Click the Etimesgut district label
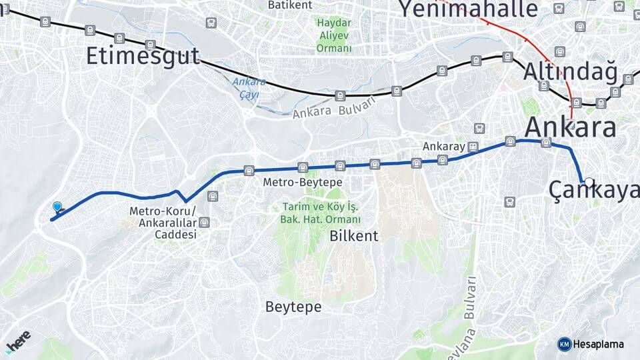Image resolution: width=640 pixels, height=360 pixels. pyautogui.click(x=143, y=56)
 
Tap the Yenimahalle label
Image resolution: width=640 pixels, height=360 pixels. pyautogui.click(x=468, y=9)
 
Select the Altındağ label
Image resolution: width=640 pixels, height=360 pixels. pyautogui.click(x=571, y=71)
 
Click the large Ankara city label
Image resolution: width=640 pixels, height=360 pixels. pyautogui.click(x=571, y=126)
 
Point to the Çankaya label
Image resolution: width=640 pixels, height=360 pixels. pyautogui.click(x=593, y=191)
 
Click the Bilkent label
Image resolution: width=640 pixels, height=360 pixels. pyautogui.click(x=353, y=236)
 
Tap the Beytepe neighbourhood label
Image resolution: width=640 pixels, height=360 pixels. pyautogui.click(x=293, y=307)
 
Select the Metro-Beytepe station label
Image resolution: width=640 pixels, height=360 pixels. pyautogui.click(x=303, y=182)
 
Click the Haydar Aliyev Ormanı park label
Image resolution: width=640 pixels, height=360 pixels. pyautogui.click(x=334, y=35)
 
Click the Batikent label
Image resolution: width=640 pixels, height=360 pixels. pyautogui.click(x=290, y=5)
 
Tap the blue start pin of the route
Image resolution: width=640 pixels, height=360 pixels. pyautogui.click(x=57, y=208)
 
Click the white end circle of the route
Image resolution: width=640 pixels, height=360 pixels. pyautogui.click(x=589, y=181)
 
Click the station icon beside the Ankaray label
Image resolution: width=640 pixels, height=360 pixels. pyautogui.click(x=473, y=146)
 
